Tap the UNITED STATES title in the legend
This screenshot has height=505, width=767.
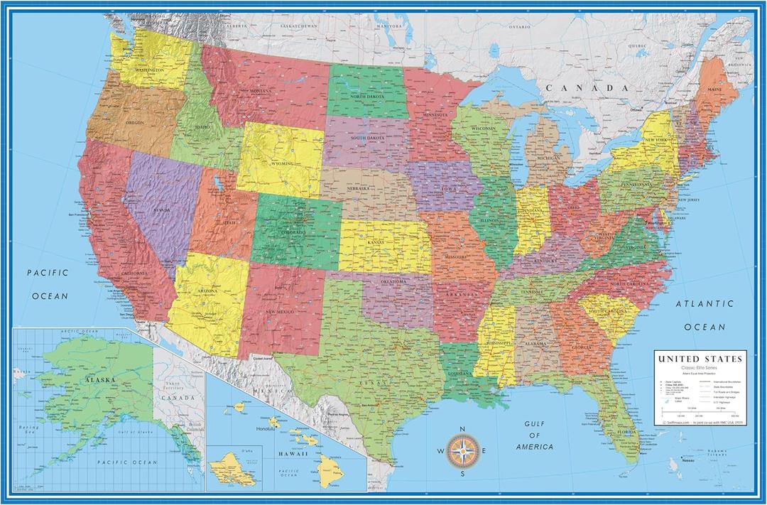point(700,359)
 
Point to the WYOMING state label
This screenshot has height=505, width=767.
point(283,163)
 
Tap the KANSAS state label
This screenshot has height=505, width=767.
point(376,243)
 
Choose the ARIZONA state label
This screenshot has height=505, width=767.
point(207,291)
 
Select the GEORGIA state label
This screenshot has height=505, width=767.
point(581,347)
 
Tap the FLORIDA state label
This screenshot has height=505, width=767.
point(626,431)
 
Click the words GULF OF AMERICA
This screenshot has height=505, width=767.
point(534,435)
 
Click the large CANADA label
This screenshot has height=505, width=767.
point(587,87)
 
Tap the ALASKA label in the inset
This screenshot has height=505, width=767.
point(99,380)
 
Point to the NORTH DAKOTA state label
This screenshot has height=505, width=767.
point(366,97)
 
